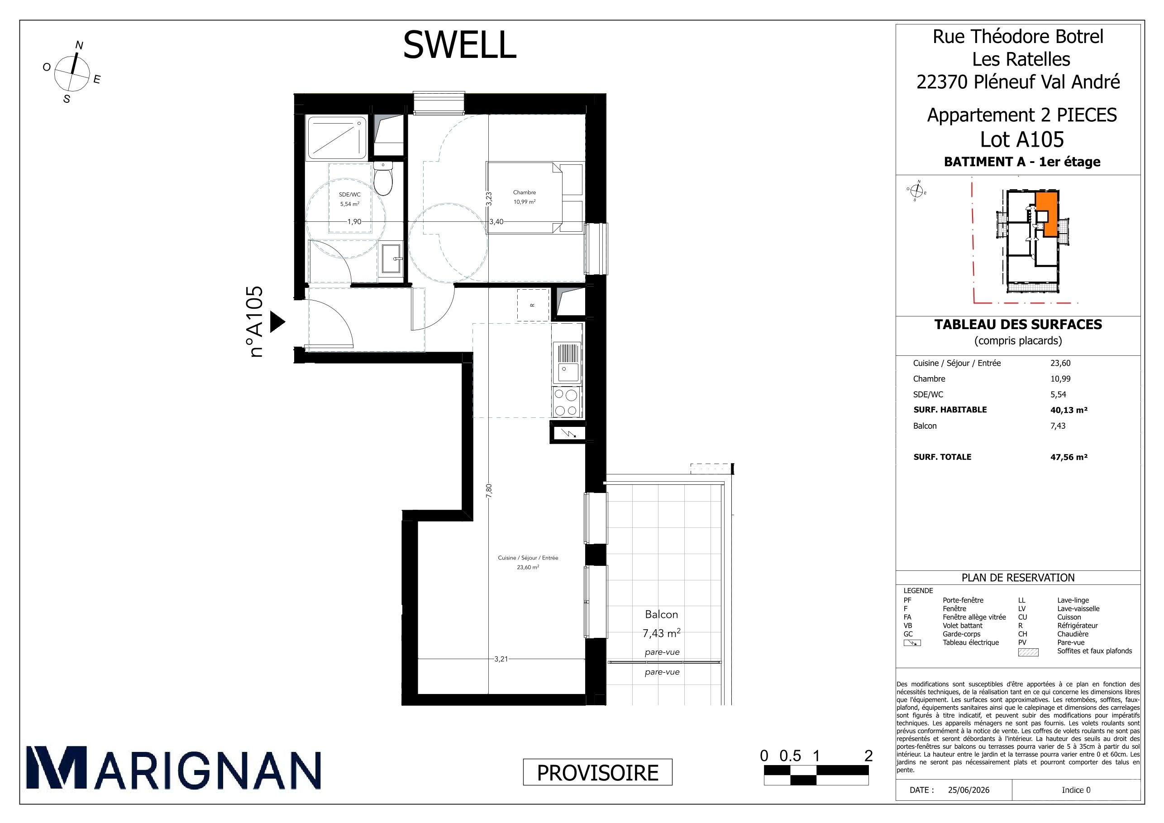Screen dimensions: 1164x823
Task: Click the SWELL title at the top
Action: (459, 45)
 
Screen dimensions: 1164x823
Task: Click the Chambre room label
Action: (524, 192)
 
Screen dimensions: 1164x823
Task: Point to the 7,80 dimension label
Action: (489, 491)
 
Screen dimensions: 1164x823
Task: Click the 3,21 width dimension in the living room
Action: (501, 659)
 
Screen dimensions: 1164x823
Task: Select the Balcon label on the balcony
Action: (661, 614)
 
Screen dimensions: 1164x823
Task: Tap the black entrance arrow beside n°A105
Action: (277, 321)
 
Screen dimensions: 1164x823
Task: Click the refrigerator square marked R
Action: (533, 305)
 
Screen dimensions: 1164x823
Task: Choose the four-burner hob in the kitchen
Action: (566, 402)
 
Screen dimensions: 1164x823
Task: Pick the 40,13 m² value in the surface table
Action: (1069, 410)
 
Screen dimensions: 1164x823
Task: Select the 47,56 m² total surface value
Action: (1069, 457)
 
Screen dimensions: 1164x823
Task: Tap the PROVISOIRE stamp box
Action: (597, 772)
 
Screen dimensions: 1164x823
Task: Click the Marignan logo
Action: (173, 768)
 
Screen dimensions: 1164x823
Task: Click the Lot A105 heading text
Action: (1022, 139)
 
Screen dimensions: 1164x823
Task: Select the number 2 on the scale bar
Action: (868, 756)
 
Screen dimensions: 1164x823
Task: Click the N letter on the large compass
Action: (79, 45)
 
